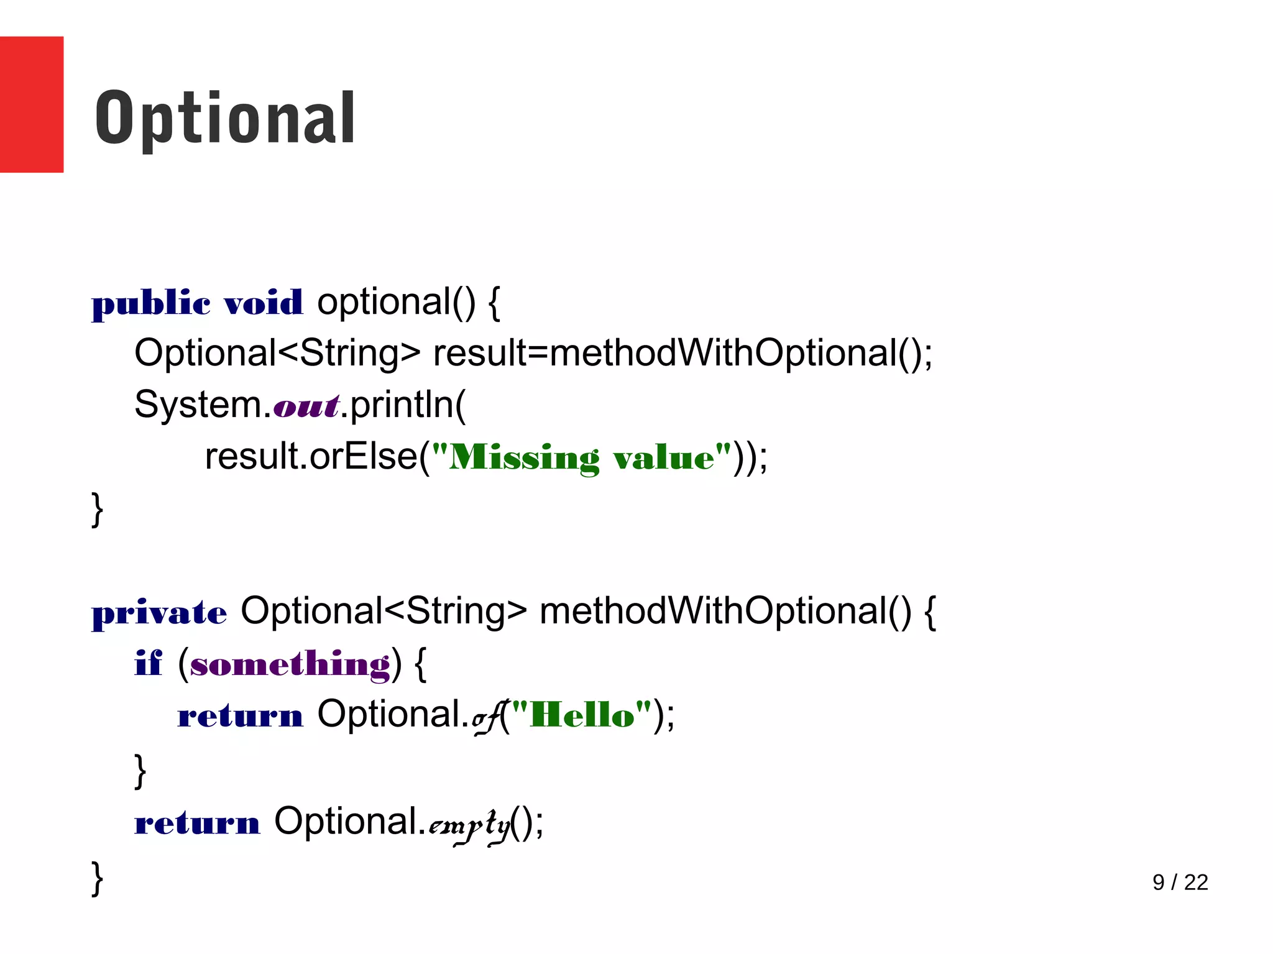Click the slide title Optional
click(x=225, y=118)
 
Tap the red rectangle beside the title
click(x=31, y=104)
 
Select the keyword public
click(x=151, y=303)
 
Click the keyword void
click(x=263, y=303)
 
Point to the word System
click(x=198, y=405)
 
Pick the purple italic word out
click(x=306, y=406)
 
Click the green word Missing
click(x=523, y=458)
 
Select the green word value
click(x=663, y=458)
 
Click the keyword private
click(x=159, y=613)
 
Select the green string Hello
click(x=582, y=715)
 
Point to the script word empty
click(x=469, y=826)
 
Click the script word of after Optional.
click(x=486, y=718)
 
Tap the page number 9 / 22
click(x=1180, y=882)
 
